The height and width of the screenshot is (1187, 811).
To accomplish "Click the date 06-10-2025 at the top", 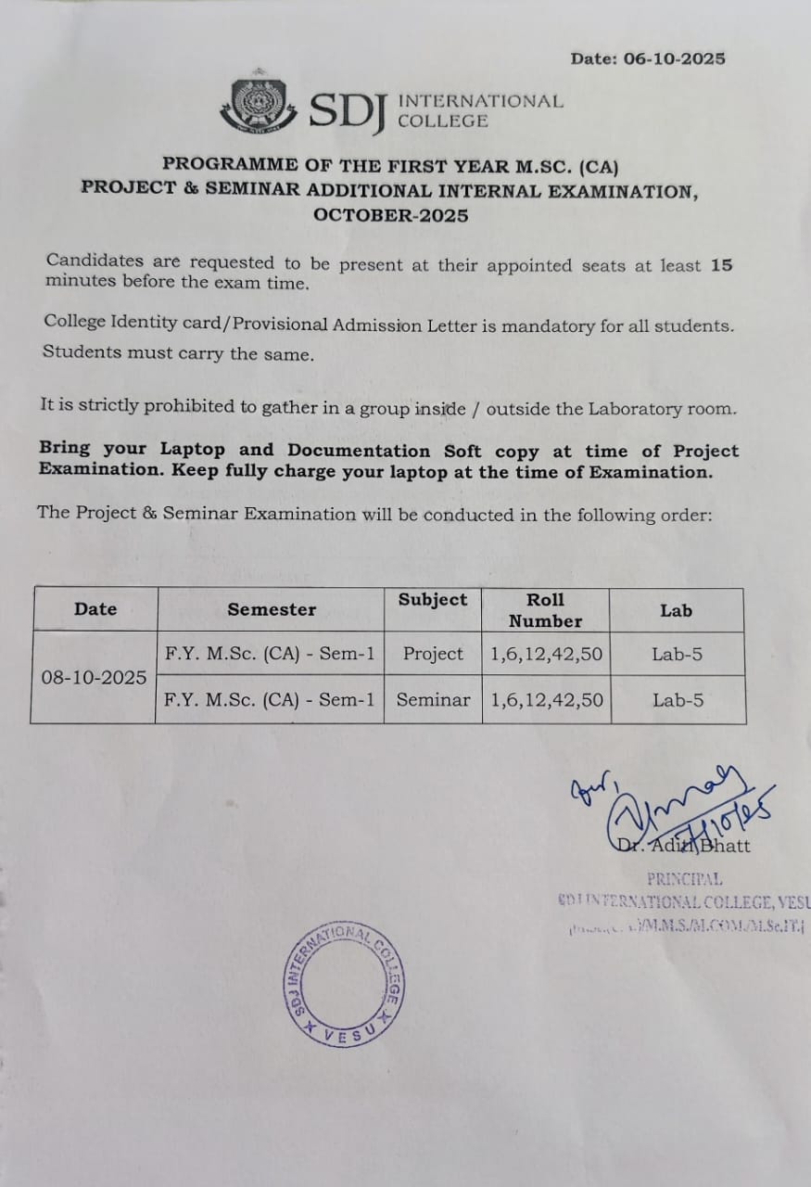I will pos(674,58).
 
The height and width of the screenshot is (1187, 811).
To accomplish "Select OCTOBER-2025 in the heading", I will pos(390,215).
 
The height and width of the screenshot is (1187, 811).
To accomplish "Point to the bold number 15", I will pos(721,265).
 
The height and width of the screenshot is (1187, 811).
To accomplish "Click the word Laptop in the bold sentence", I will pos(192,450).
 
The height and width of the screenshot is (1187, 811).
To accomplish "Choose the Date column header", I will pos(95,609).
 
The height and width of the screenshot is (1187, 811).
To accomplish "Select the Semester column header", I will pos(272,609).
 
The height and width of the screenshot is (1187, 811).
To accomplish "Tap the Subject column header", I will pos(433,600).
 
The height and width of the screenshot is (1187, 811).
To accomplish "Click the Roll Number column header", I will pos(545,610).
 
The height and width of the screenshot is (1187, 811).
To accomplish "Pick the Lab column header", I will pos(676,610).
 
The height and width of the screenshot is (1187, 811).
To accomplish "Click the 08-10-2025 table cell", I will pos(94,678).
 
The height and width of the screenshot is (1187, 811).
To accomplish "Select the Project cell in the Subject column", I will pos(433,654).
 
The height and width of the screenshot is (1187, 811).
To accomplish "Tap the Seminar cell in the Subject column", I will pos(433,700).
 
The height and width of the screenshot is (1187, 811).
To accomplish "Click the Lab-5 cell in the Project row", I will pos(677,654).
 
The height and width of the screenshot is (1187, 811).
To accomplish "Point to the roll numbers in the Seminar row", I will pos(546,700).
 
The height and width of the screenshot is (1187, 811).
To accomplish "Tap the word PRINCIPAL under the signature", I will pos(685,879).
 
